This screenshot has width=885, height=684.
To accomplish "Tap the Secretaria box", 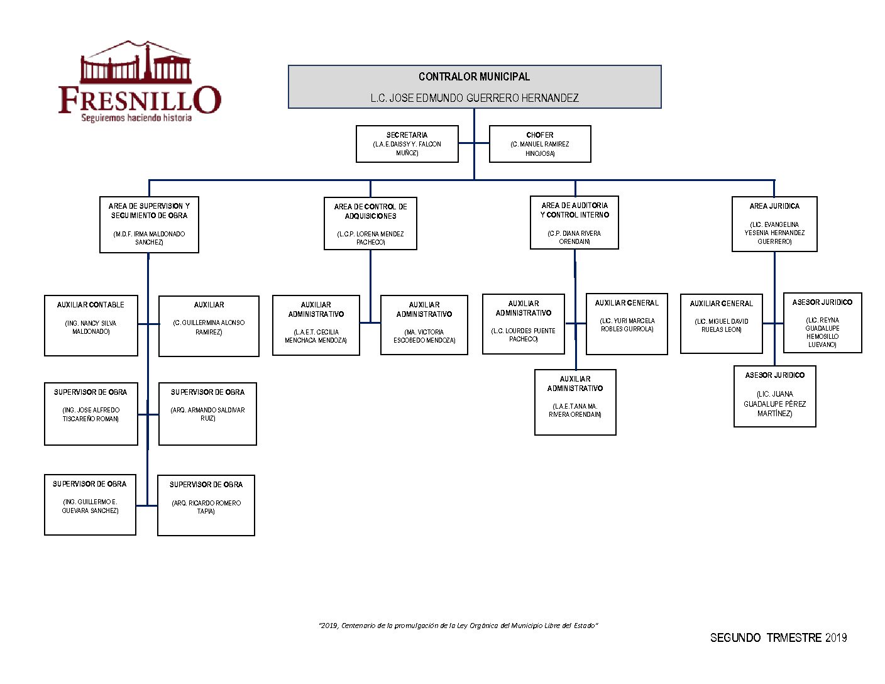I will pos(407,144).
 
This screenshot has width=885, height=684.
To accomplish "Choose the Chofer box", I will pos(540,144).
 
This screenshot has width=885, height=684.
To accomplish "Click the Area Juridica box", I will pos(774,224).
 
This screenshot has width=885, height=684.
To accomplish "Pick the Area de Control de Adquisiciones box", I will pos(370,224).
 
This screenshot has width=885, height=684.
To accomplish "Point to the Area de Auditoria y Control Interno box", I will pos(574,223).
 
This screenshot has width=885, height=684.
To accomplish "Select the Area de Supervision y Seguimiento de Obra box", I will pos(149,224).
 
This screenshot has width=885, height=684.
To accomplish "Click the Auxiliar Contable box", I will pos(91,326).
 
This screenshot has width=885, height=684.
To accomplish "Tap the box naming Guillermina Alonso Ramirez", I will pos(209,326).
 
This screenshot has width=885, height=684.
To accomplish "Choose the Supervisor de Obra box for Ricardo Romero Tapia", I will pos(206,505).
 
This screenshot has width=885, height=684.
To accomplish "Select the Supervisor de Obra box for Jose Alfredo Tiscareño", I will pos(91,414).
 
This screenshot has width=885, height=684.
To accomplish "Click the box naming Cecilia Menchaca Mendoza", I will pos(316,325).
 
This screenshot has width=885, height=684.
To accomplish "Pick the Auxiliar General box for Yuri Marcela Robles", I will pos(627,324).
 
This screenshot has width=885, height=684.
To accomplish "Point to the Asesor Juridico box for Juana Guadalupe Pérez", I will pos(775,397).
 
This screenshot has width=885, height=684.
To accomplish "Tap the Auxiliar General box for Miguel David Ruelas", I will pos(722,323).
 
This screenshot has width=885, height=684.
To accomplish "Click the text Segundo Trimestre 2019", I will pos(778,637).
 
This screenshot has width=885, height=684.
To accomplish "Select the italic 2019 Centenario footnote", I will pos(458,626).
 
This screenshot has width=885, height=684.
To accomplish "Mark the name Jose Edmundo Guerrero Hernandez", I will pos(475,98).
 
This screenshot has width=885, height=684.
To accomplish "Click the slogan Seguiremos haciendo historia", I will pos(136,118).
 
